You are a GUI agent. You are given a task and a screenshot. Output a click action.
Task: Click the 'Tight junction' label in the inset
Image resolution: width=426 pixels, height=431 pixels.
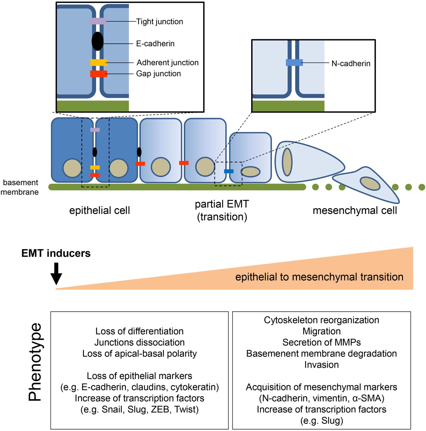click(159, 22)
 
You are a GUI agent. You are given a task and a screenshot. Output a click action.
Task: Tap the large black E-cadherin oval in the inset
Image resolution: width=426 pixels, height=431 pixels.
click(98, 41)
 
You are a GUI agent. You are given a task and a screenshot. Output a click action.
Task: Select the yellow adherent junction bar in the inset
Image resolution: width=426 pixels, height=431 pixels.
click(98, 62)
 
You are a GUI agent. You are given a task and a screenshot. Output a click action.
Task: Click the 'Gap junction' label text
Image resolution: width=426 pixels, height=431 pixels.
click(158, 74)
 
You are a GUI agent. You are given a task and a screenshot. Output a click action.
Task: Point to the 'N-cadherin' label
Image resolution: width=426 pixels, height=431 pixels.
click(351, 63)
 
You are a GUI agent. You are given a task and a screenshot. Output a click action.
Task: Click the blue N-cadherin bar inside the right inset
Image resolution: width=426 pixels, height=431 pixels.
click(294, 63)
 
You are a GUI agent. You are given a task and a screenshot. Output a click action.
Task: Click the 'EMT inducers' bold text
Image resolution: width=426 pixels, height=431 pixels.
click(56, 253)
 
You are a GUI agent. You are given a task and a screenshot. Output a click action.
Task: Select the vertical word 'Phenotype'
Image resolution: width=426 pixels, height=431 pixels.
click(35, 362)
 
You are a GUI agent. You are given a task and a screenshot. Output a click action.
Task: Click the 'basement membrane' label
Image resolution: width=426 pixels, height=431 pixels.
click(20, 187)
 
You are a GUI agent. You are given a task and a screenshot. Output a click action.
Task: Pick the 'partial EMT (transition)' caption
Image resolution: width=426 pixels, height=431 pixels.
click(222, 210)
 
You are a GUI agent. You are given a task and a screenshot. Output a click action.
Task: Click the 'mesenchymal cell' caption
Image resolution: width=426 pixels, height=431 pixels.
click(355, 210)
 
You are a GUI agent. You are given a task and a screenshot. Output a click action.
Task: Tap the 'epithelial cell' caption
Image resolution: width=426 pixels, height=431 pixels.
click(99, 210)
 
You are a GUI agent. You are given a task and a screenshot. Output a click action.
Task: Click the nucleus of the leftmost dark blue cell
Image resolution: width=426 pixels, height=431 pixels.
click(72, 168)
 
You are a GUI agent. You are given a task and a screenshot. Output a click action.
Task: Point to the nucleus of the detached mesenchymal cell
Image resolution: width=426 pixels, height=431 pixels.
click(370, 184)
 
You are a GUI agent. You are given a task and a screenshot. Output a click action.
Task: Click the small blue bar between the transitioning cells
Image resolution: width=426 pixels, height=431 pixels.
click(229, 171)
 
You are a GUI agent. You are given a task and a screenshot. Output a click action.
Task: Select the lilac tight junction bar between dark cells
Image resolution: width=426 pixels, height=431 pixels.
click(95, 130)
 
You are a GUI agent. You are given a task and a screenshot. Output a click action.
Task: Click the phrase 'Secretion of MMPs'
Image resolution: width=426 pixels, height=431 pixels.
click(321, 342)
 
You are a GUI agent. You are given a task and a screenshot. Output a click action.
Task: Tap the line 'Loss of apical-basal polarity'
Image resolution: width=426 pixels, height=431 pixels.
click(139, 353)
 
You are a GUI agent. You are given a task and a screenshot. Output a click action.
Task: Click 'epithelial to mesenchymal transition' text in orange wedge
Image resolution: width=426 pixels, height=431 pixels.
click(319, 277)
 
